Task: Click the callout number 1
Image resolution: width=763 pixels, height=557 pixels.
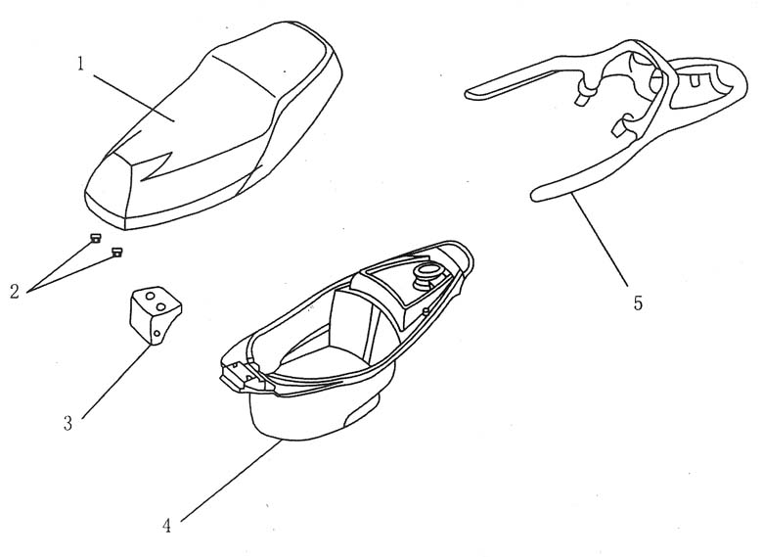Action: (82, 64)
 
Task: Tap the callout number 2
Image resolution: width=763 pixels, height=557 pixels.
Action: (15, 291)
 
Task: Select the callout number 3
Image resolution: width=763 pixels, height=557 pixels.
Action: (67, 424)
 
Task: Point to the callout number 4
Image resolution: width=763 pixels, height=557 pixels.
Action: (167, 525)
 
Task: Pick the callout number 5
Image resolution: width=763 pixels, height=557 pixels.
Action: (638, 302)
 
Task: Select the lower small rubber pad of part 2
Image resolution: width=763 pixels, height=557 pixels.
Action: (117, 252)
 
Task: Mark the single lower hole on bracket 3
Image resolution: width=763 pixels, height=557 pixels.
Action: (157, 334)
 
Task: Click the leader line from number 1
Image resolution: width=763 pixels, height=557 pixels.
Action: (132, 93)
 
